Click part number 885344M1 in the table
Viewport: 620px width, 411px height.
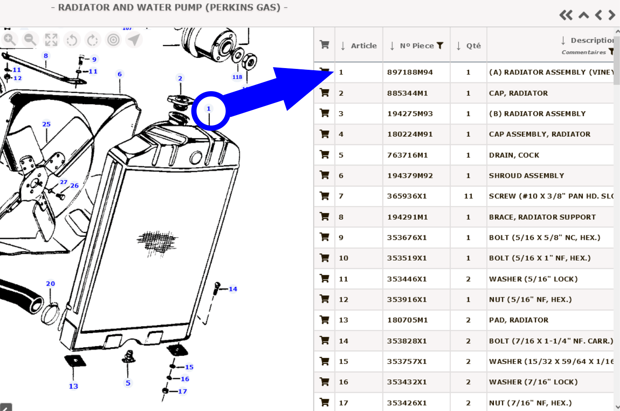407,93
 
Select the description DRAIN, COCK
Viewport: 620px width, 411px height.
514,155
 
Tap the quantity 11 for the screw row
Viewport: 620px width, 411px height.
468,196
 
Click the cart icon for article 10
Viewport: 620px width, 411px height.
324,258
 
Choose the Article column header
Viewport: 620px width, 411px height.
363,46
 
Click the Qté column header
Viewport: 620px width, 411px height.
473,46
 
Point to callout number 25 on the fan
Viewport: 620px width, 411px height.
46,124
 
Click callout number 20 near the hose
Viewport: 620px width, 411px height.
50,284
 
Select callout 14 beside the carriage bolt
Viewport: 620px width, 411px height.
233,289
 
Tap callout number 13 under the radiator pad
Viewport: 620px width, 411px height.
74,386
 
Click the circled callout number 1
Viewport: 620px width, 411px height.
209,109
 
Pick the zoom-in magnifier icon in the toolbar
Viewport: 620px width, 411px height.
10,40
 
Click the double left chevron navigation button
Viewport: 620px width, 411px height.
566,16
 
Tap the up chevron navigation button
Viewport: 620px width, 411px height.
584,16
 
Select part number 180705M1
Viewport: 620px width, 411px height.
407,320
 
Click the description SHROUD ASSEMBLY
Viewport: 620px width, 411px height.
526,176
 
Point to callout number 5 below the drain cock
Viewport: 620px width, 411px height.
128,383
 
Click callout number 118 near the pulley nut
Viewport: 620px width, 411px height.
237,77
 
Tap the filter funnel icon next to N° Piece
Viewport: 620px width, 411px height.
440,45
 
